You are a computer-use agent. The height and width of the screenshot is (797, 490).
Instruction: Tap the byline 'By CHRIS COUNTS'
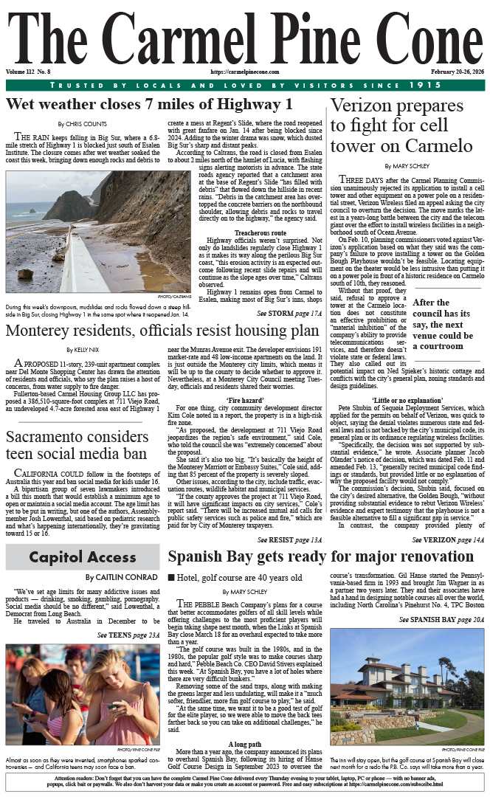click(x=82, y=124)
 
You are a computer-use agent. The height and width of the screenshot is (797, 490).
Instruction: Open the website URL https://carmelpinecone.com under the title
click(x=245, y=72)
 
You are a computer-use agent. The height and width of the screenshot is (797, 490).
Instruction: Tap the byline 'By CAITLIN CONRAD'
click(x=120, y=577)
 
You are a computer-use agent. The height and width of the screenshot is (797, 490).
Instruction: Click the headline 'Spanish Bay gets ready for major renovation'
click(x=321, y=556)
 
